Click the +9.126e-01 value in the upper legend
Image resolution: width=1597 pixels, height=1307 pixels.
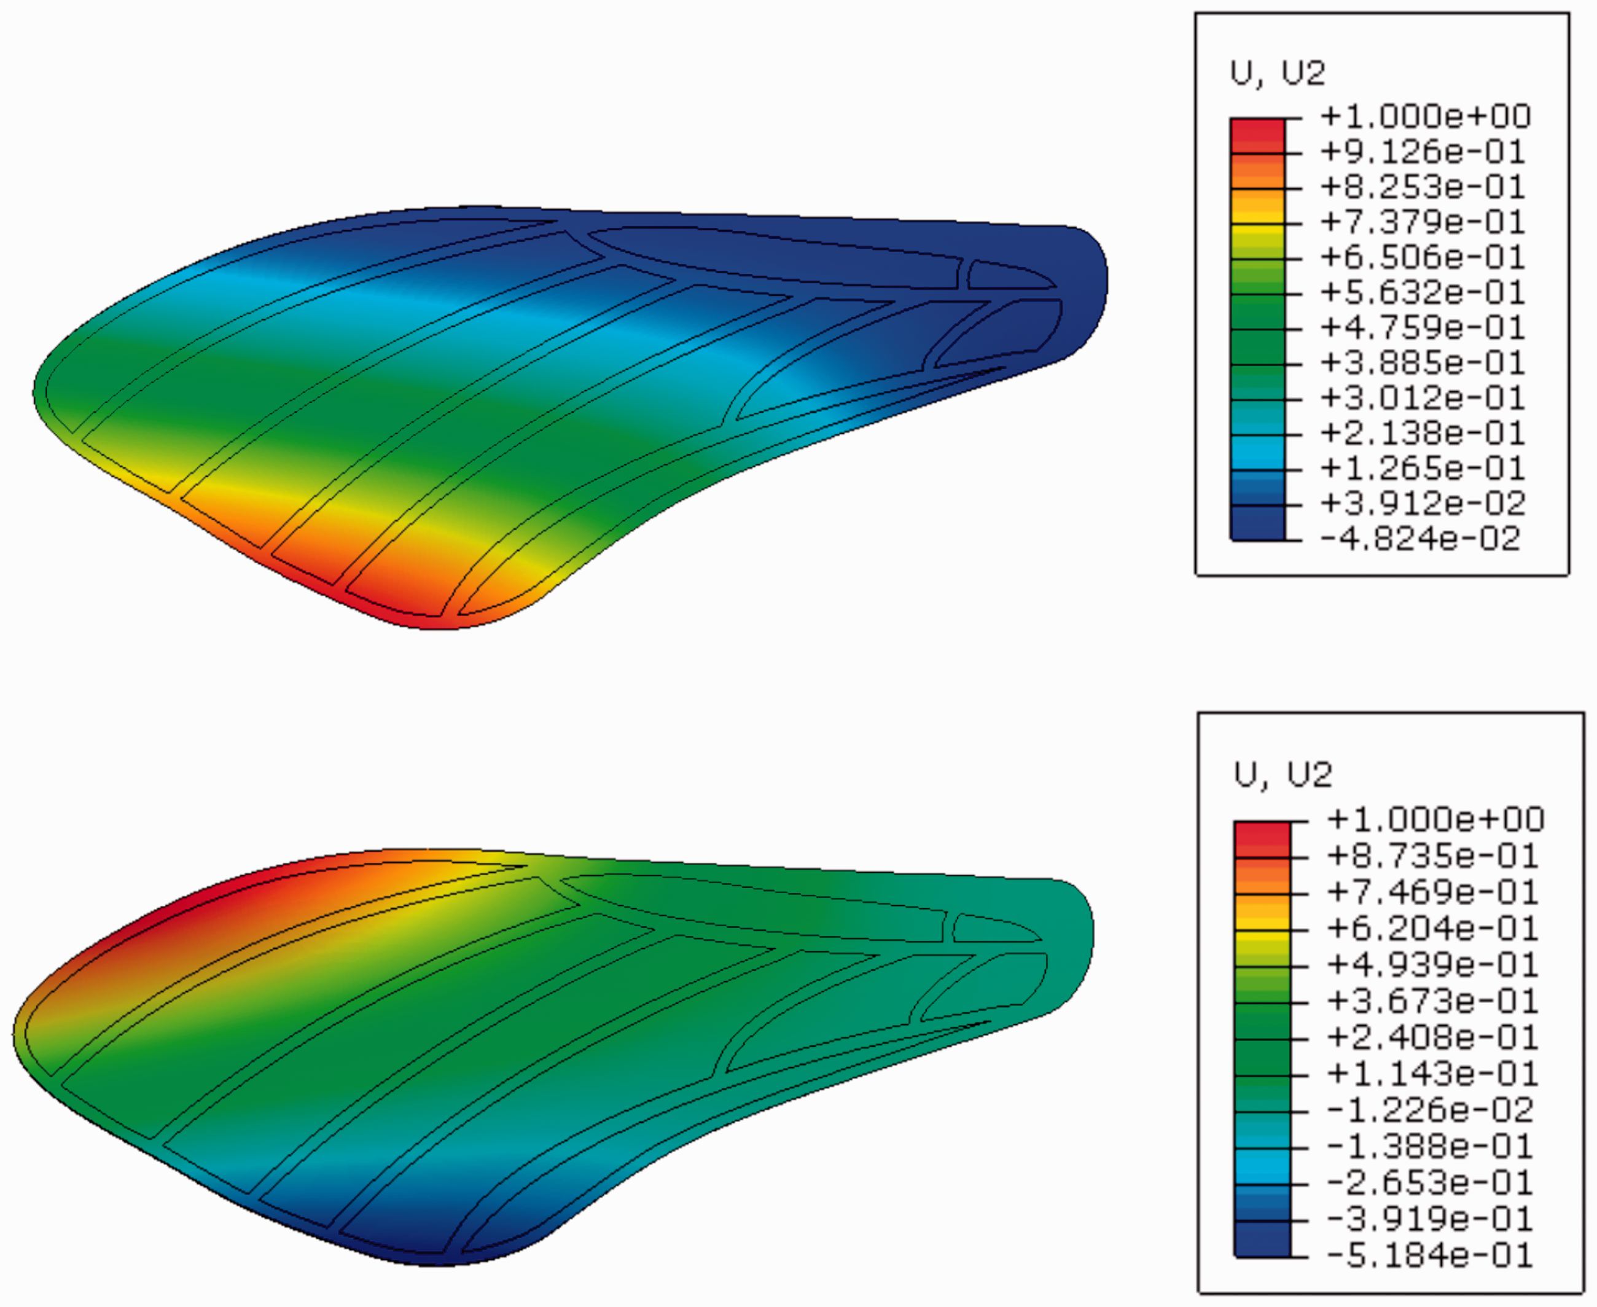point(1423,152)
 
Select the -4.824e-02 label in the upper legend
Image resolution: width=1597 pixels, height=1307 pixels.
point(1421,539)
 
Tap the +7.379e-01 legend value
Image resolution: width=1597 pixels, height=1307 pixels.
point(1423,222)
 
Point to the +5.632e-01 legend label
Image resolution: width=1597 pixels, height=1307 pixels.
point(1423,293)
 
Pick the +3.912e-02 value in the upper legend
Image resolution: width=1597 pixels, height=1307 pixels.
point(1423,504)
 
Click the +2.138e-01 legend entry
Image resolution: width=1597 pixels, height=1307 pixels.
point(1423,434)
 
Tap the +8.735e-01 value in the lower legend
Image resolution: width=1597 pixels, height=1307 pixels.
point(1432,856)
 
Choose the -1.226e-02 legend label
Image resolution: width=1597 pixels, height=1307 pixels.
point(1430,1110)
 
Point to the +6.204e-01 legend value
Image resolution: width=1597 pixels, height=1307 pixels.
point(1432,928)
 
